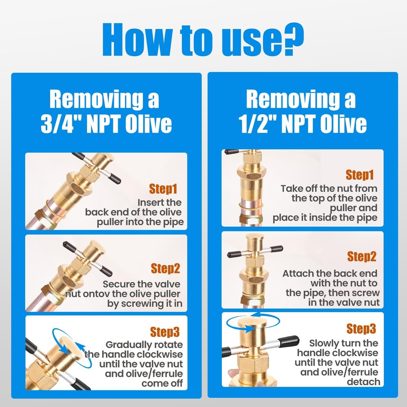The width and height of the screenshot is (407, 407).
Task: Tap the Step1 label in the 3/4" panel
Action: tap(163, 189)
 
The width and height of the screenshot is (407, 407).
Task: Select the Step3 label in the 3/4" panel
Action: tap(165, 332)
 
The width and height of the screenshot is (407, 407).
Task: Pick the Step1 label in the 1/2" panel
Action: tap(360, 175)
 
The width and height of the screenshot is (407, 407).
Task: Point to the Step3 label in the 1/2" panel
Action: tap(361, 328)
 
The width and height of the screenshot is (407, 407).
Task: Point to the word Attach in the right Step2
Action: tap(297, 274)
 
